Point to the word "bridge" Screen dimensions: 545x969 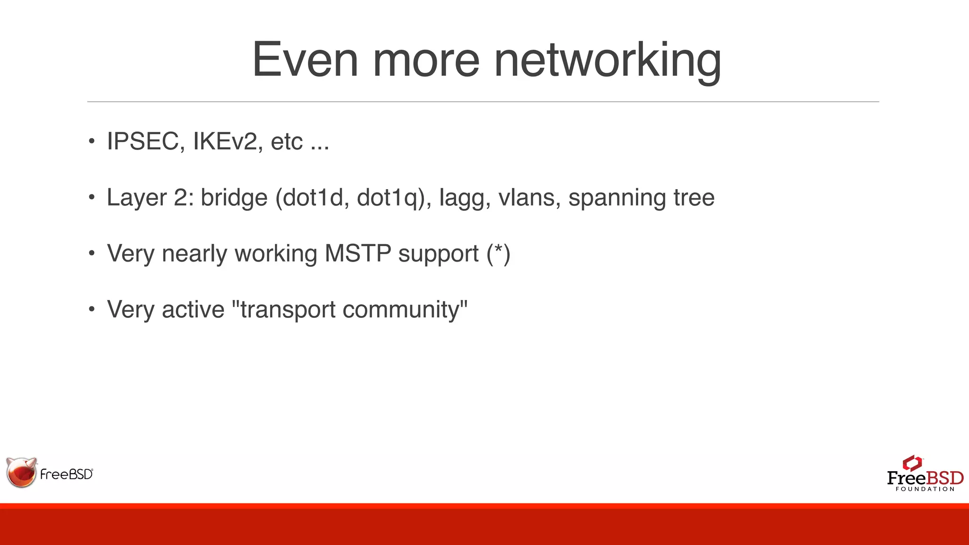tap(234, 197)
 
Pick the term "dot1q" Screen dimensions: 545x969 tap(388, 198)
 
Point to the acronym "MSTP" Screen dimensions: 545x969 tap(358, 253)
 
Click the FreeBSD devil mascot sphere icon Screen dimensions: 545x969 tap(21, 472)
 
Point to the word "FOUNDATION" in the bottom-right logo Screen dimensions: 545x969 tap(925, 489)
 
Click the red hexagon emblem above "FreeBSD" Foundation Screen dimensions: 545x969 tap(912, 463)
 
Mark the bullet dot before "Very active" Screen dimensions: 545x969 tap(92, 309)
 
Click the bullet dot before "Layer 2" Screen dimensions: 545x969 tap(92, 197)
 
